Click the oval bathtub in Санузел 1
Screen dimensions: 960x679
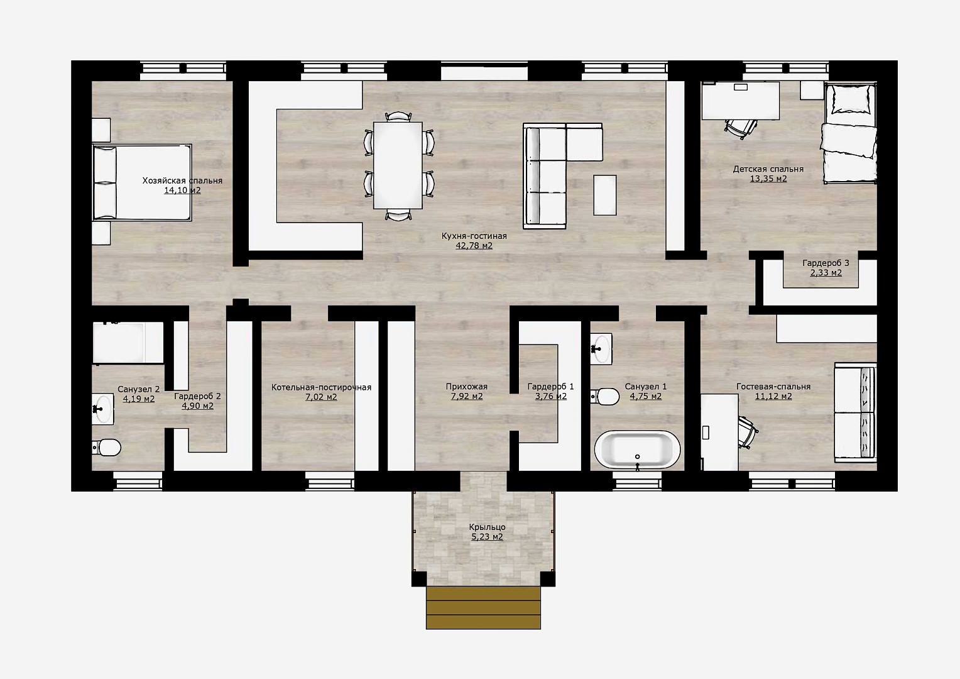pos(637,450)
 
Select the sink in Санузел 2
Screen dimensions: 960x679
pos(103,409)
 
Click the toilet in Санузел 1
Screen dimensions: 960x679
pos(605,397)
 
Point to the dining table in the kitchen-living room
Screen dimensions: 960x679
pos(398,165)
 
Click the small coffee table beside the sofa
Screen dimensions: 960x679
pos(605,195)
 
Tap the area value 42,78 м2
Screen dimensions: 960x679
pos(474,246)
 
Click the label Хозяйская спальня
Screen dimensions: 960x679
pos(182,180)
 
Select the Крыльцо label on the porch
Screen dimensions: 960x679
pos(488,527)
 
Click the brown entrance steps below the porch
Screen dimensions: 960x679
pos(483,608)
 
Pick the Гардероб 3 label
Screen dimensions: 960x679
pos(826,263)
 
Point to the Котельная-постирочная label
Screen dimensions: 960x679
pos(322,387)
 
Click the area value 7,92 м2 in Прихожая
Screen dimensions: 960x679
pos(467,396)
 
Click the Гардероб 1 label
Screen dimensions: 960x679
pos(551,387)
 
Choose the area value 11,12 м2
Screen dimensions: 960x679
pos(773,396)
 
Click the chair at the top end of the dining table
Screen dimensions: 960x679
pos(398,116)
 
